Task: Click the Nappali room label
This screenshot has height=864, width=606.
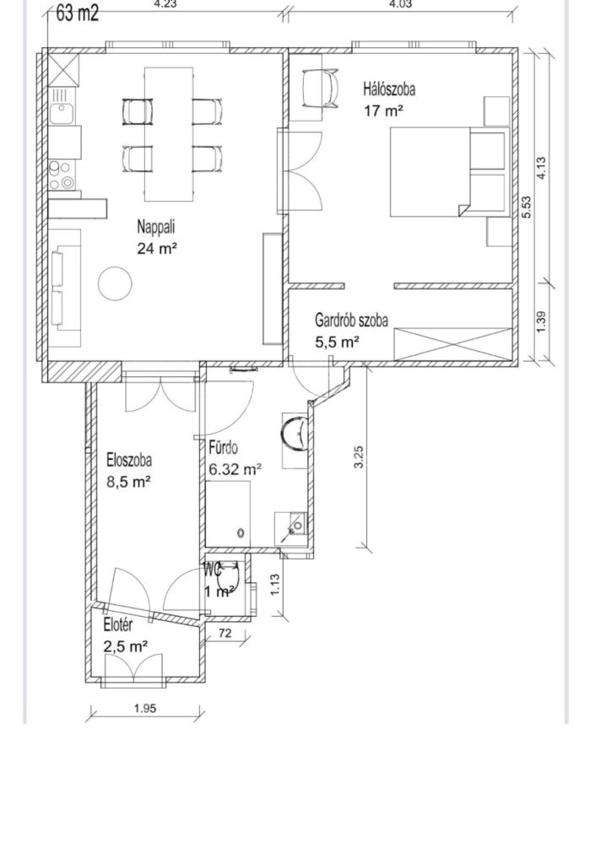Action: tap(157, 226)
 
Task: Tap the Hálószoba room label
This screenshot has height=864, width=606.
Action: tap(389, 89)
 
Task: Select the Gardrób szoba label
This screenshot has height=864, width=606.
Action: tap(351, 320)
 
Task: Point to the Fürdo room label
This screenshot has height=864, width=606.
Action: tap(224, 447)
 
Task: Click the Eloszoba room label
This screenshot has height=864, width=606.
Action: tap(129, 460)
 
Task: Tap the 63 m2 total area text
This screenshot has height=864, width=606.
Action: tap(77, 13)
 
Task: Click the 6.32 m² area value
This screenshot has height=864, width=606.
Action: tap(235, 470)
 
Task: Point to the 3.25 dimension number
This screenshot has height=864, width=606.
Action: tap(359, 456)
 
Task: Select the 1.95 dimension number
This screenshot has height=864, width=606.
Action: tap(145, 709)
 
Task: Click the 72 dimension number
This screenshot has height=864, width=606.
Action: tap(225, 634)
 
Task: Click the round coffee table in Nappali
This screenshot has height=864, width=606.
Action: tap(115, 283)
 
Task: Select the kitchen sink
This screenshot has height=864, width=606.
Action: tap(59, 114)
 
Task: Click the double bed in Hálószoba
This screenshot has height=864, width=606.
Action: tap(449, 171)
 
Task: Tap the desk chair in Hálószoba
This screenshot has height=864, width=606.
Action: tap(321, 88)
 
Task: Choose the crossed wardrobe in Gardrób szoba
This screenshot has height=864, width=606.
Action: tap(453, 344)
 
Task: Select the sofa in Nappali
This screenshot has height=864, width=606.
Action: tap(65, 288)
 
